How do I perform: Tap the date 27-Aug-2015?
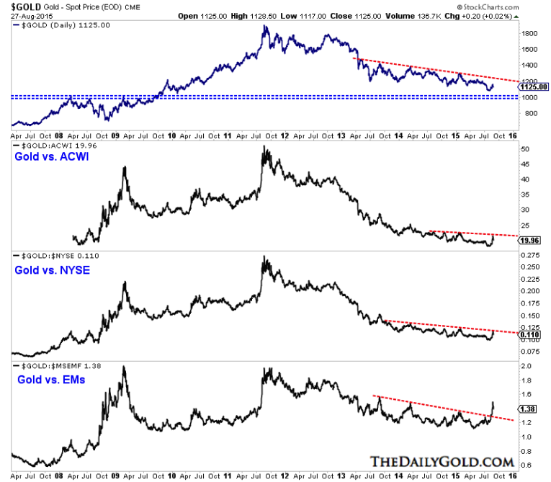click(23, 14)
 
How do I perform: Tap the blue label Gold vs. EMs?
click(45, 378)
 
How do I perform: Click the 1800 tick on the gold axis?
click(531, 33)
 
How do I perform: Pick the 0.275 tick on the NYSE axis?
click(530, 256)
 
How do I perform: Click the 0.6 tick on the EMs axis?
click(527, 464)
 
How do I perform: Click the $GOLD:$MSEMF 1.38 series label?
click(51, 365)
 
